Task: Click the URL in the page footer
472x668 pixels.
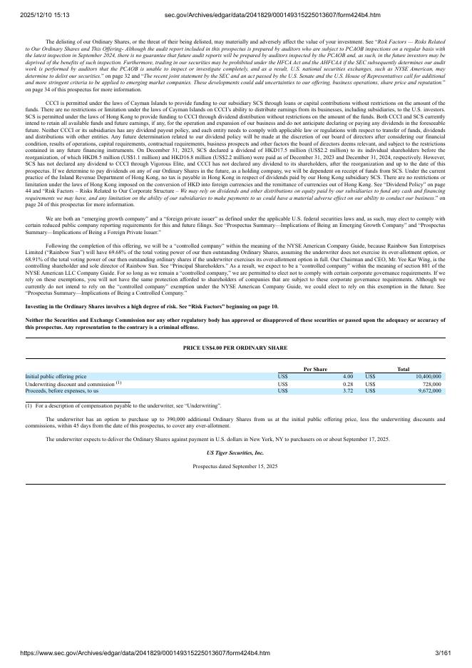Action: pyautogui.click(x=135, y=652)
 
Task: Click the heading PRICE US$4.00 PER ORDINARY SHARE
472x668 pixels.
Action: pyautogui.click(x=235, y=348)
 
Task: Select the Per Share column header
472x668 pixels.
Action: pyautogui.click(x=315, y=369)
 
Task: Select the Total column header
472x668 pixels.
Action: pyautogui.click(x=404, y=369)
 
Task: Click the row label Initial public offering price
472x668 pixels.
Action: pyautogui.click(x=56, y=376)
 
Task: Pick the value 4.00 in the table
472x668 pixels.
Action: pyautogui.click(x=347, y=376)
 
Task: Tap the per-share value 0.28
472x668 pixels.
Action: pyautogui.click(x=347, y=384)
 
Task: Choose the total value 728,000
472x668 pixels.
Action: pyautogui.click(x=431, y=384)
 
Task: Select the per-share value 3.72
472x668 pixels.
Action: pyautogui.click(x=347, y=391)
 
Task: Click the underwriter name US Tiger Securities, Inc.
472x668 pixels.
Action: pyautogui.click(x=235, y=452)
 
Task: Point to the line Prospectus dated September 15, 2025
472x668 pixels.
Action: pyautogui.click(x=235, y=466)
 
